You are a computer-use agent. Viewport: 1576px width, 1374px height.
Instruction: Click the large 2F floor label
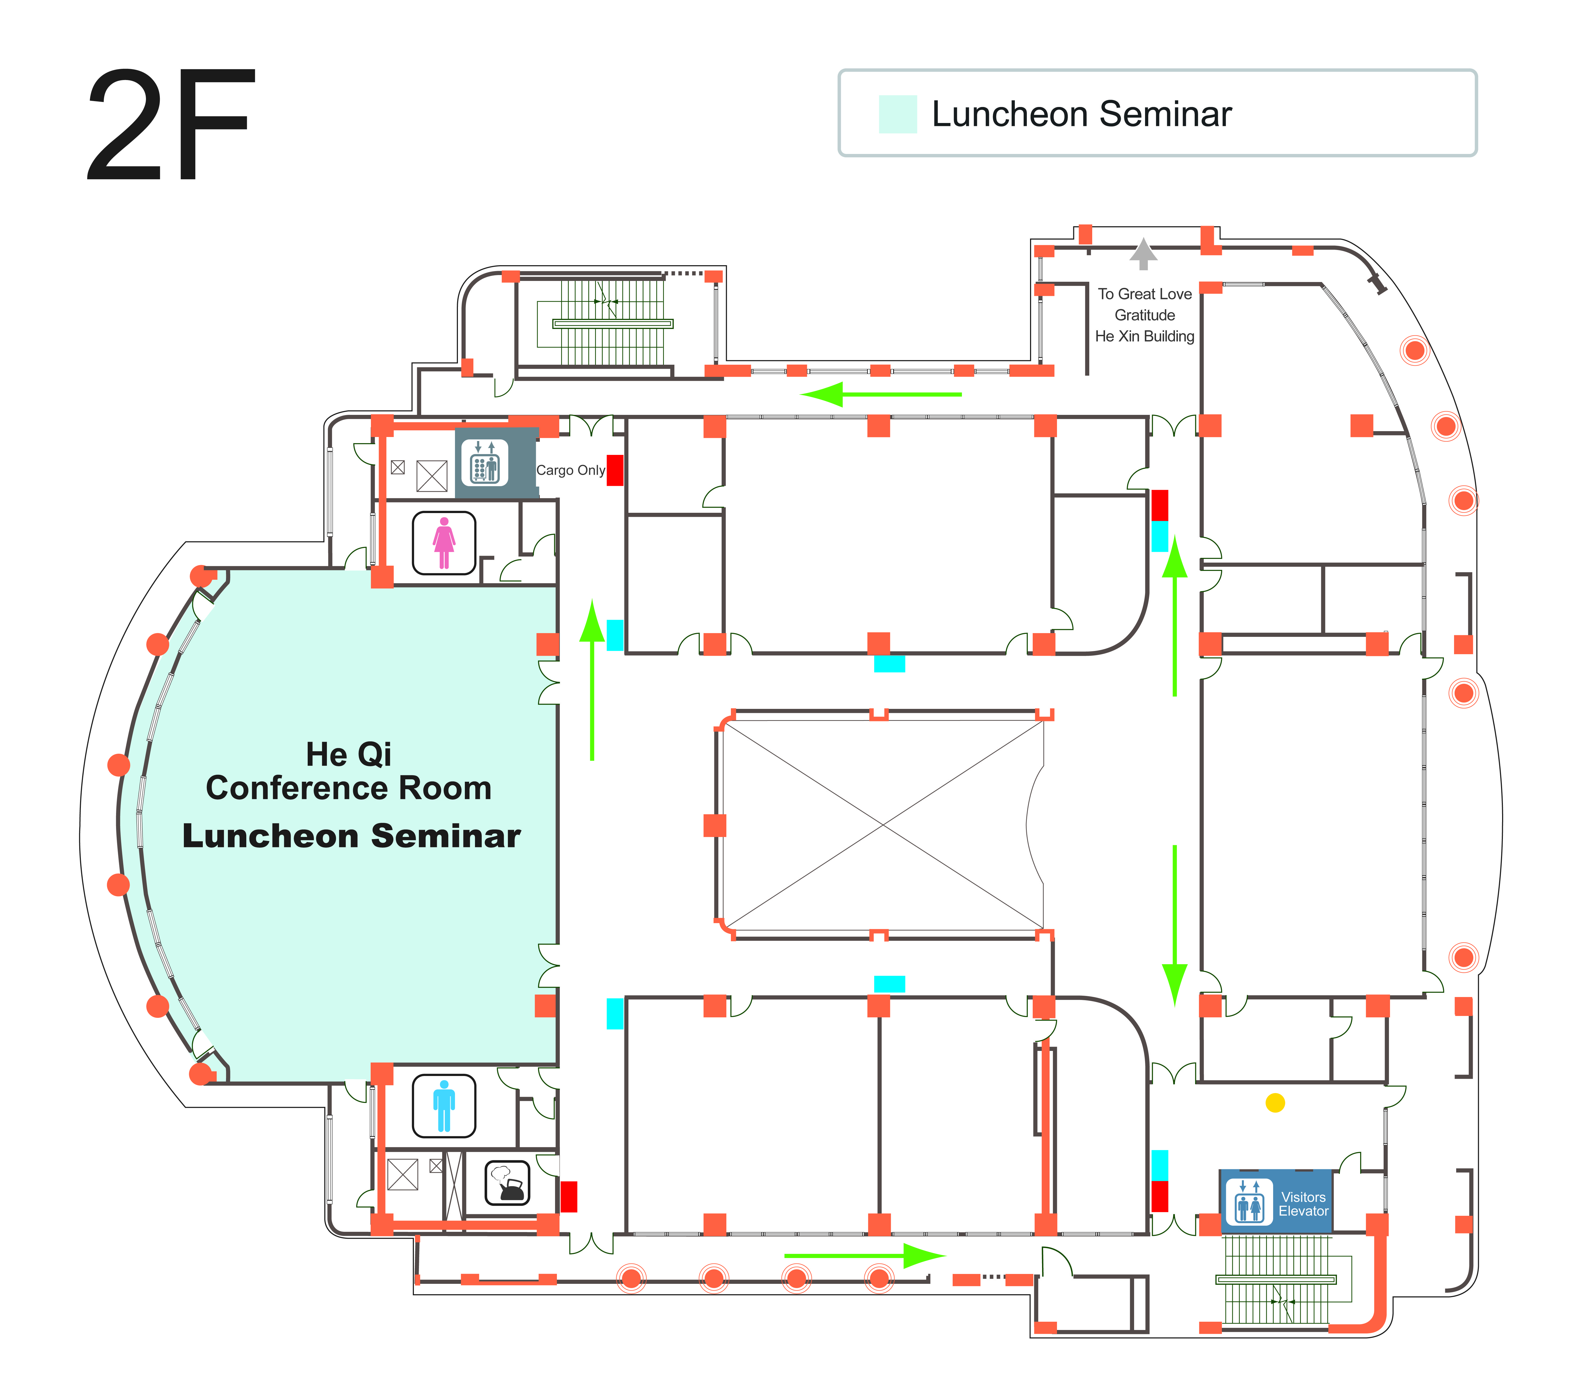tap(170, 125)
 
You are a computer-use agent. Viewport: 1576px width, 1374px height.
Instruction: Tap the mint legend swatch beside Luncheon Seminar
tap(897, 114)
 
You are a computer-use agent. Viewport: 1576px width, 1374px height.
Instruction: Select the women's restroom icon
tap(444, 543)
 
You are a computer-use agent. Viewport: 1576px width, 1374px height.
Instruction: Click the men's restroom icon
tap(444, 1106)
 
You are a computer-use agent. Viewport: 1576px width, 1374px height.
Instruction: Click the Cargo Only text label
tap(571, 470)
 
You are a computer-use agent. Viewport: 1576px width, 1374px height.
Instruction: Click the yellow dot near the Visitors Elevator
tap(1275, 1103)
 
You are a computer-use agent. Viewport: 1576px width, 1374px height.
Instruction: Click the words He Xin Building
tap(1144, 336)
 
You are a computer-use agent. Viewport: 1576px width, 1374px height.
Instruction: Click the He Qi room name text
tap(349, 754)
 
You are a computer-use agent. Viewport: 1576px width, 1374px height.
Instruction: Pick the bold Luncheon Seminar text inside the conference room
tap(351, 836)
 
